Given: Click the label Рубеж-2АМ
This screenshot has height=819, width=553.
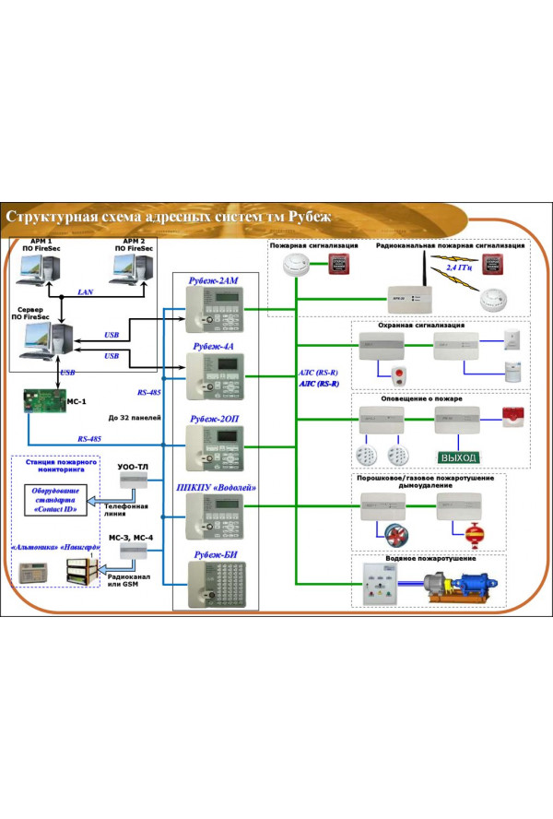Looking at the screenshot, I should point(215,280).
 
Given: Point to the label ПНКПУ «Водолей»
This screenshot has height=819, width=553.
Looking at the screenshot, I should point(215,487).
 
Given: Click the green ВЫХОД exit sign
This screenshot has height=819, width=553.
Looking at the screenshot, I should point(458,457).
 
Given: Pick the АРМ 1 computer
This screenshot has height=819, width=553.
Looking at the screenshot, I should point(40,270).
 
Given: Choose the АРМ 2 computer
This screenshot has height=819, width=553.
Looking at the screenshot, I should point(132,270).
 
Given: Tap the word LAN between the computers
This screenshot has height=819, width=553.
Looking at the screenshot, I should point(85,291).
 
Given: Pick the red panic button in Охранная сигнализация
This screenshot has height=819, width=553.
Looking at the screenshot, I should point(400,376).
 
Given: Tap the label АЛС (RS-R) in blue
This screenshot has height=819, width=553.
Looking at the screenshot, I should point(319,384).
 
